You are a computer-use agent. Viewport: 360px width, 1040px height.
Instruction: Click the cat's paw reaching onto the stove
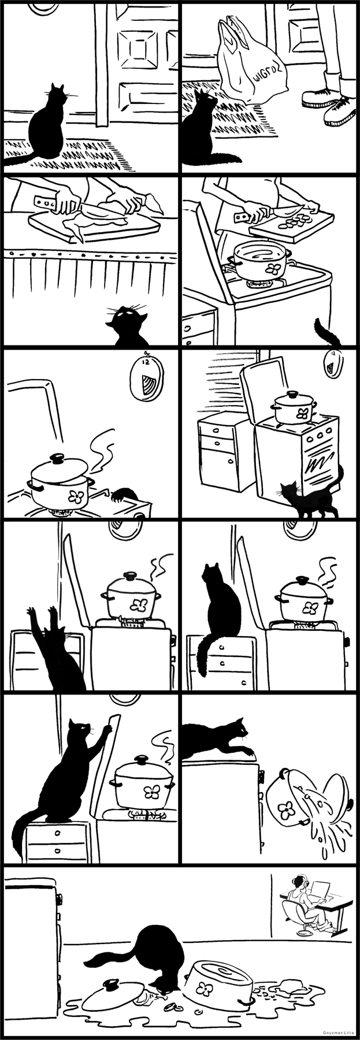[124, 493]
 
